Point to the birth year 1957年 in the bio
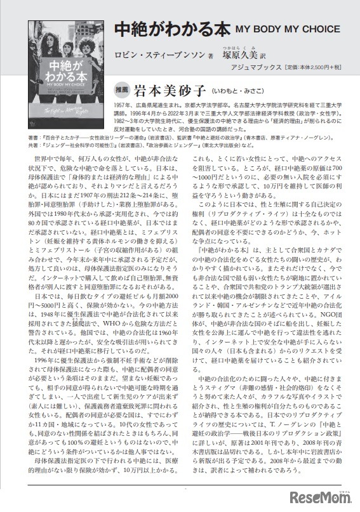125,104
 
